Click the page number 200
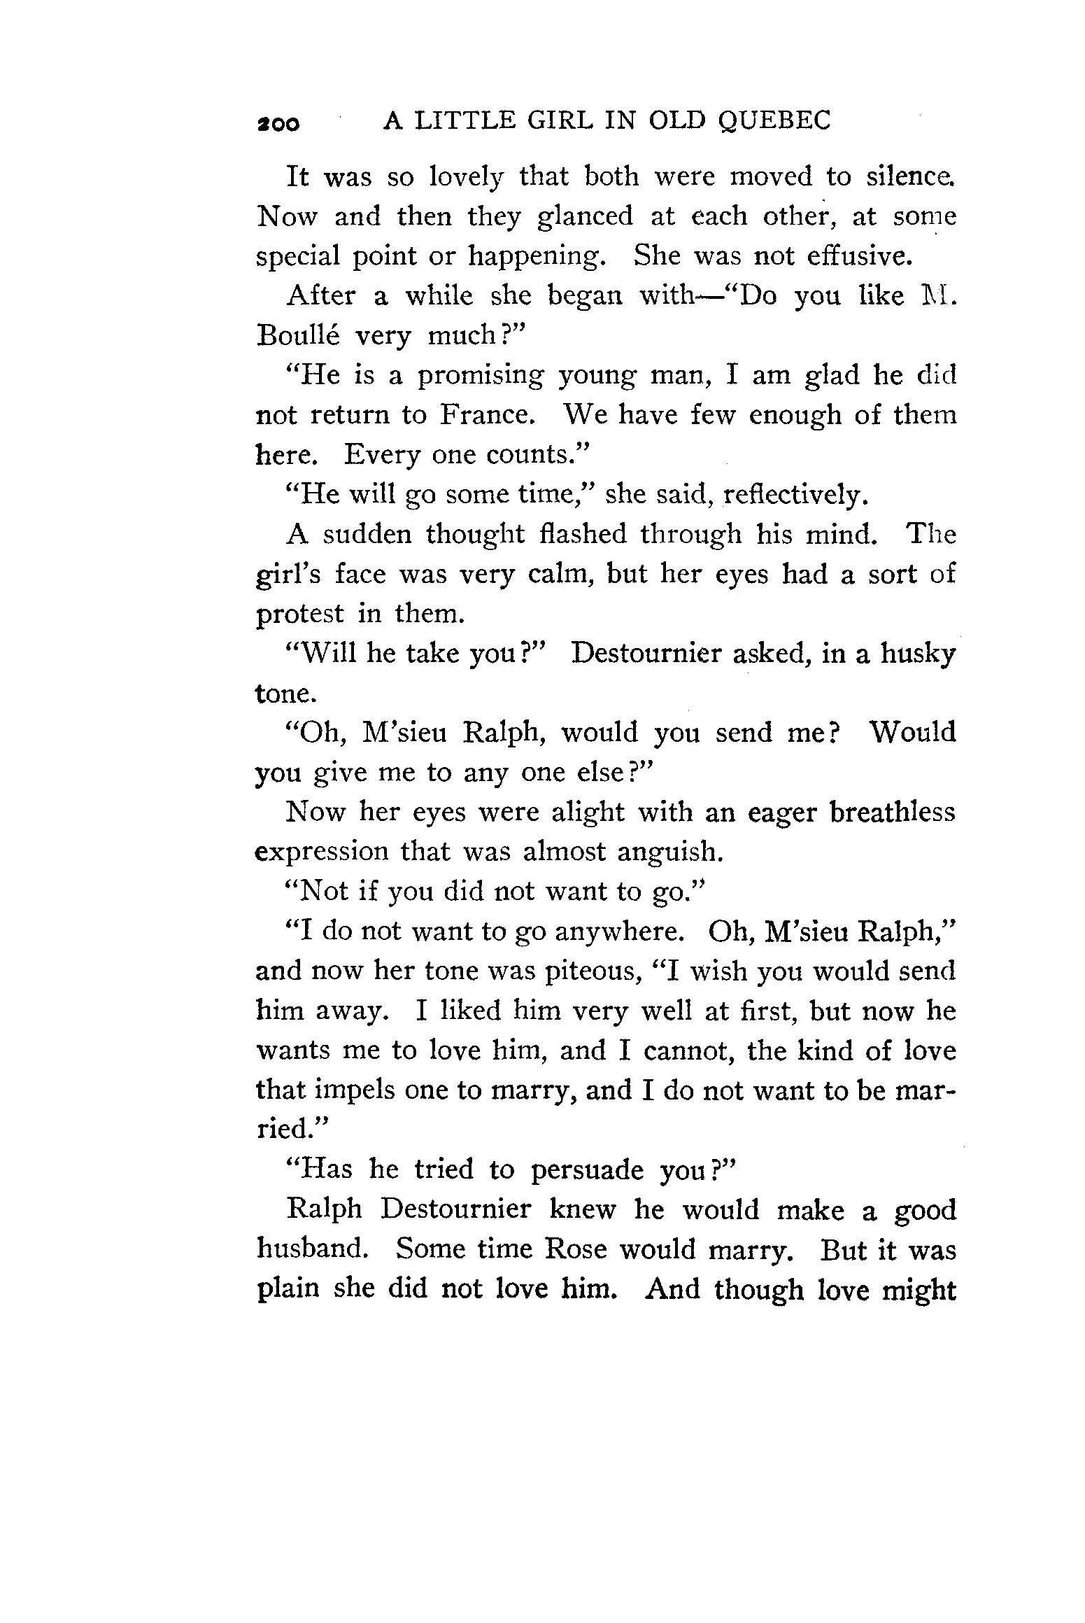pos(278,124)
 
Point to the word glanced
pos(584,217)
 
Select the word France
pos(488,415)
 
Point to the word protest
pos(300,614)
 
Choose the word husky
pos(918,654)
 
